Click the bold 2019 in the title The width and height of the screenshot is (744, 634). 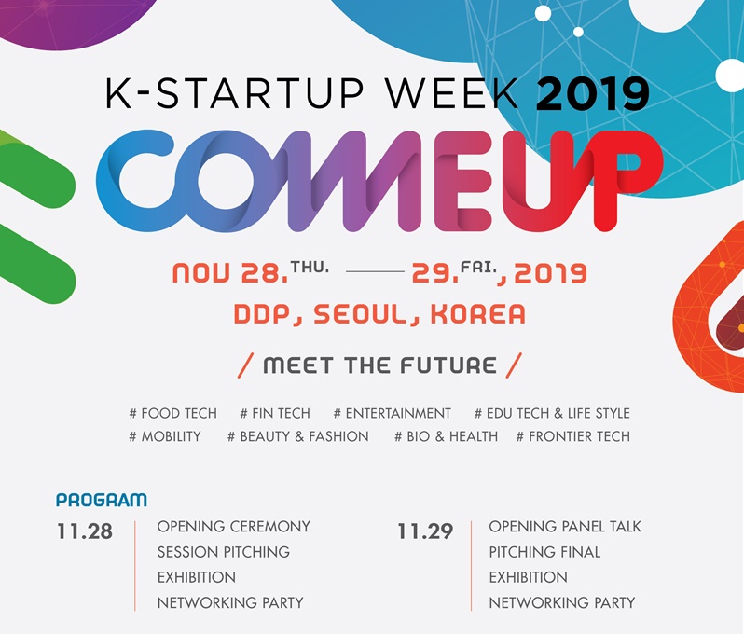tap(593, 93)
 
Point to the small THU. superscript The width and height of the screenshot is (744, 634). tap(310, 268)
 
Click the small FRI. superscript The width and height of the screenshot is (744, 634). tap(478, 268)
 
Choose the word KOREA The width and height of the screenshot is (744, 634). tap(477, 314)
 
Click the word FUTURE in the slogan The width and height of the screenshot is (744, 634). tap(448, 365)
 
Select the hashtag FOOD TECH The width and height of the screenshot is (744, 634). tap(172, 413)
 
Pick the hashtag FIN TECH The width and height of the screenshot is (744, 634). tap(275, 413)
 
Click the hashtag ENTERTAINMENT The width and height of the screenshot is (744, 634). tap(392, 413)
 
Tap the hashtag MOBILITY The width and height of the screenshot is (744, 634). tap(165, 436)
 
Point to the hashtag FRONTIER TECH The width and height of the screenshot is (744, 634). tap(573, 436)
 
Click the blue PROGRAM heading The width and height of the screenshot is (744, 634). tap(102, 500)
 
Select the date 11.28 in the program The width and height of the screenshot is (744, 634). tap(85, 531)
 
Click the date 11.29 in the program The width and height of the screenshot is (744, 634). tap(425, 531)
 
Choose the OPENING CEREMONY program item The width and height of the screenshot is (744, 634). tap(233, 526)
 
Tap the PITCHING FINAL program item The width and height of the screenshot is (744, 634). tap(544, 552)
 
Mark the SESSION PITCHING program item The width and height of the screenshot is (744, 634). tap(224, 552)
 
